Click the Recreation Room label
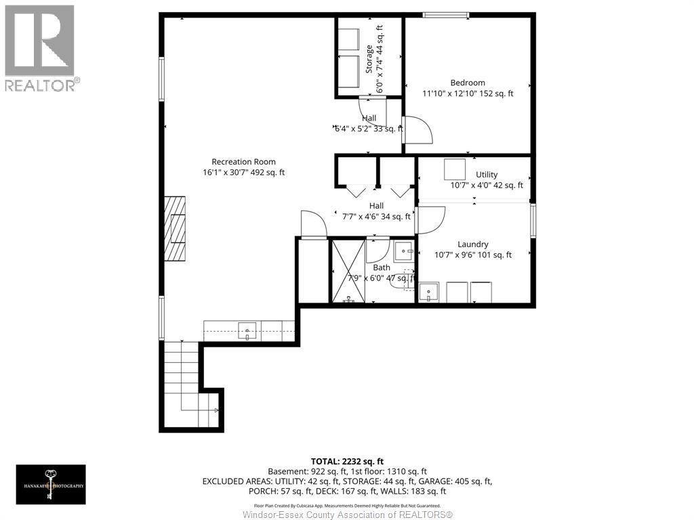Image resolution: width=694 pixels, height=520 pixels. pyautogui.click(x=243, y=161)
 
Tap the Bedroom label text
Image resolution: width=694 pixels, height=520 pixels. pyautogui.click(x=467, y=83)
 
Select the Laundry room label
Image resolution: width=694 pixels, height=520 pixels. pyautogui.click(x=472, y=244)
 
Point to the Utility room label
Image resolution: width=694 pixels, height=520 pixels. pyautogui.click(x=486, y=175)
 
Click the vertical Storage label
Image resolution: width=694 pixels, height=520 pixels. pyautogui.click(x=369, y=59)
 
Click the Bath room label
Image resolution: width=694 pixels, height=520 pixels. pyautogui.click(x=381, y=267)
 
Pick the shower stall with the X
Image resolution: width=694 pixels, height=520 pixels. pyautogui.click(x=348, y=270)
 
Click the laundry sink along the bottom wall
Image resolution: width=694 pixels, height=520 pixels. pyautogui.click(x=428, y=292)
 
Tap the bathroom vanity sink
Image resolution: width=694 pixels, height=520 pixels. pyautogui.click(x=405, y=251)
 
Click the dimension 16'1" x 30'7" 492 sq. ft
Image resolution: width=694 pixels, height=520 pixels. pyautogui.click(x=243, y=173)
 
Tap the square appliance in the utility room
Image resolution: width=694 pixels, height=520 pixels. pyautogui.click(x=455, y=168)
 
